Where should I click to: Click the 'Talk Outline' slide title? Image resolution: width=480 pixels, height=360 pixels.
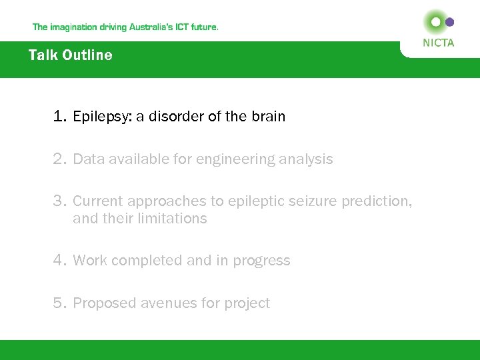point(70,55)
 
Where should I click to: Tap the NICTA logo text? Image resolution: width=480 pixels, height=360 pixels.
point(438,43)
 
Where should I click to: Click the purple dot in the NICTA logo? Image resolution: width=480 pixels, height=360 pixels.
point(450,22)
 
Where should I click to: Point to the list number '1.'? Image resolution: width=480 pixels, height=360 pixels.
point(61,117)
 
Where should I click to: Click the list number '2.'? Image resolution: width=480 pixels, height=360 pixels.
point(61,159)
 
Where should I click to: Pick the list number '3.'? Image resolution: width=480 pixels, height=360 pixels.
point(61,201)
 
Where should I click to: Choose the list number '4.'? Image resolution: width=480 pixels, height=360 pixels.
point(61,260)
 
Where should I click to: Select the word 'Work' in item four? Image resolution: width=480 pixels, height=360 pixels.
point(89,260)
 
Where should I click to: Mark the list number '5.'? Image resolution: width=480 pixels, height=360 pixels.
point(61,303)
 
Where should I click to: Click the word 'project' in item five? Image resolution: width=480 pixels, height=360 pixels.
point(247,303)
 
